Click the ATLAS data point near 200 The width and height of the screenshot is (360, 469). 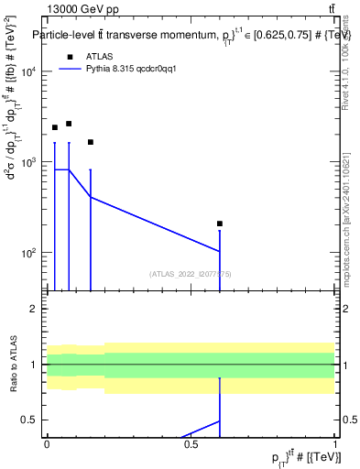point(220,224)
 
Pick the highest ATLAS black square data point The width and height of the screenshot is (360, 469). point(69,124)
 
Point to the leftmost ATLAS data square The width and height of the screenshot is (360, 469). point(55,127)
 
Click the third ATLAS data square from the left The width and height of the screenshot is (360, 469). point(91,142)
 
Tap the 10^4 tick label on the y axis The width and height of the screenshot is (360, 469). point(29,72)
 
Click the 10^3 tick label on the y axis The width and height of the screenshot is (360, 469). point(29,162)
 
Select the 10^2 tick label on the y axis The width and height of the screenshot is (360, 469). point(29,253)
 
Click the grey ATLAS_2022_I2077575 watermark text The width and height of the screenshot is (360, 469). point(191,273)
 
